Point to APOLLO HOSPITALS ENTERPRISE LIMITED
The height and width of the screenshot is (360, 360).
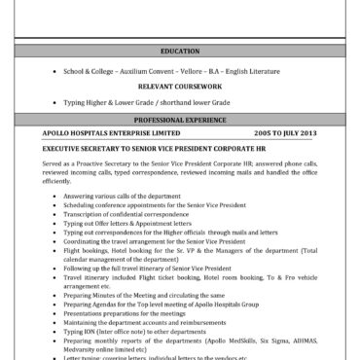(x=111, y=130)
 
